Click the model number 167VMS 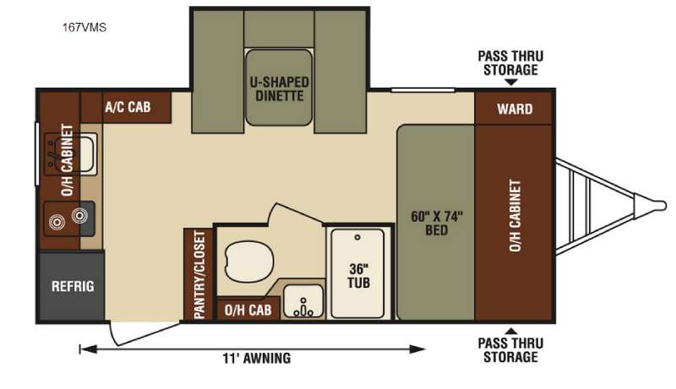click(x=84, y=28)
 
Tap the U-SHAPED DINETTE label click(x=280, y=89)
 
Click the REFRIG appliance click(x=72, y=287)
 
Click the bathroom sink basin click(x=303, y=301)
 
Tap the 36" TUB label click(x=358, y=276)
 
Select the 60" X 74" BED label click(x=436, y=223)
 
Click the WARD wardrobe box click(x=514, y=108)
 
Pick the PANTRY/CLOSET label click(x=199, y=275)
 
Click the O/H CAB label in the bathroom click(x=248, y=310)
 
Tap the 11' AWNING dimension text click(x=257, y=358)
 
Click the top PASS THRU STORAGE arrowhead click(x=511, y=82)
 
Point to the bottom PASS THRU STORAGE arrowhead click(x=511, y=331)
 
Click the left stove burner click(x=57, y=222)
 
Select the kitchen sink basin click(x=81, y=154)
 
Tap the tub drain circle click(x=357, y=237)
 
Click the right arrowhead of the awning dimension click(x=417, y=349)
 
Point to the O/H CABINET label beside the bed click(x=515, y=215)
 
